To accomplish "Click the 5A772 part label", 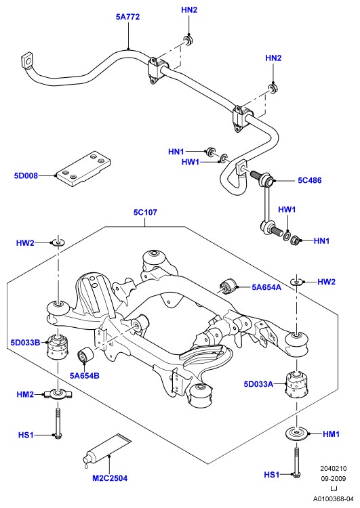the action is point(127,17).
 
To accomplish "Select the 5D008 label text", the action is point(26,175).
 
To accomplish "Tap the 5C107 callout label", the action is point(145,213).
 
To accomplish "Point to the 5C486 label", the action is point(310,180).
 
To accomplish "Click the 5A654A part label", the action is point(266,287).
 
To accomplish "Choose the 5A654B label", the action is point(84,376).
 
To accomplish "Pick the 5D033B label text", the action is point(25,343).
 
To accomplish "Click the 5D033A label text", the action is point(258,384).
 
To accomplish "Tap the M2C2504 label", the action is point(110,478).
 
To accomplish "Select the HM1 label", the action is point(331,433).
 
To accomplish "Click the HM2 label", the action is point(25,395).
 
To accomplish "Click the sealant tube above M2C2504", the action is point(106,451).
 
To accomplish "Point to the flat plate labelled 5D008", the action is point(83,169).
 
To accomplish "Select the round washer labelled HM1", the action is point(297,434).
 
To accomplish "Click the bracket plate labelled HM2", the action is point(58,394).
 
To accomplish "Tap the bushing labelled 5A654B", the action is point(85,356).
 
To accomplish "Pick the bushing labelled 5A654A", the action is point(228,286).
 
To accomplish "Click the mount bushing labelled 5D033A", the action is point(296,385).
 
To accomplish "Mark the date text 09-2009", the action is point(334,478).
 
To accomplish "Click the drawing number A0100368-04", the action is point(333,499).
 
